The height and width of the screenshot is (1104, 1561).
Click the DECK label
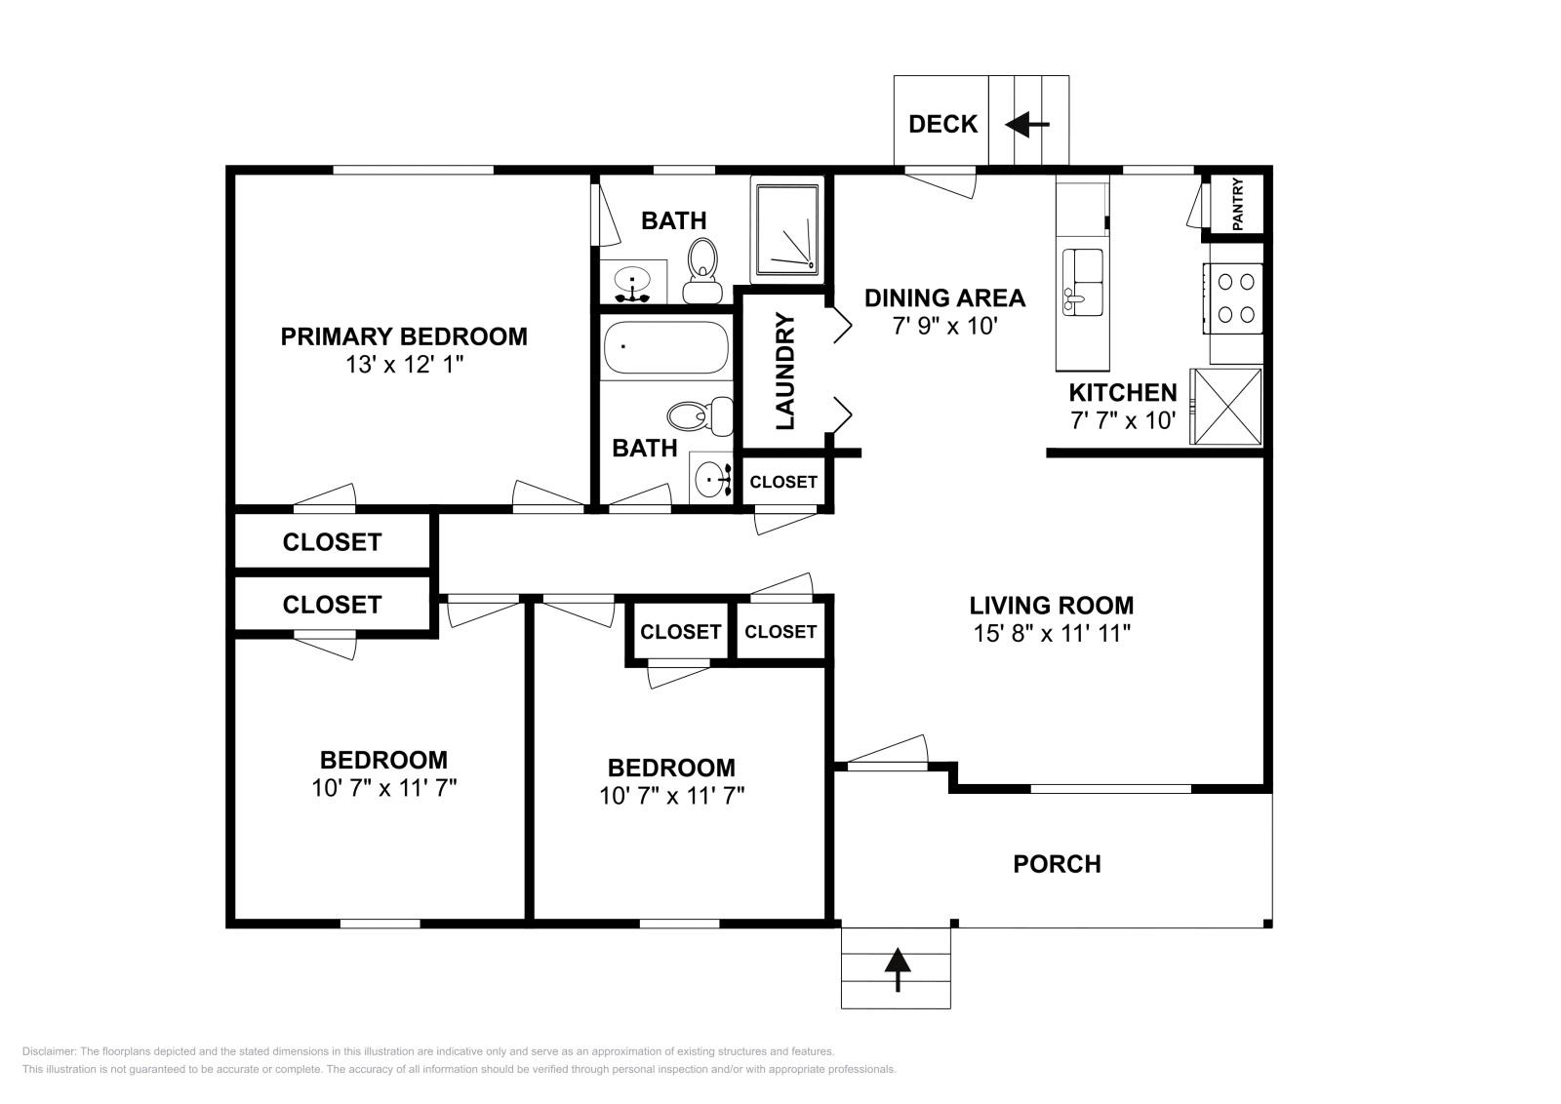942,124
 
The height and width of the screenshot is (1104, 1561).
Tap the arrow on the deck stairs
1026,125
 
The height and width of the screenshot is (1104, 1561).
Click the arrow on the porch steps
897,969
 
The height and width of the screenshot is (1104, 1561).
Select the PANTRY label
1237,204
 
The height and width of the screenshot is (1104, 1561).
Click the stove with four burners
1236,298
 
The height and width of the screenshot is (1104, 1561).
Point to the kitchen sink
1082,282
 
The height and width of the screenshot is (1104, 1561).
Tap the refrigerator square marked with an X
1225,406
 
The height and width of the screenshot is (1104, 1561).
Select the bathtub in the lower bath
665,349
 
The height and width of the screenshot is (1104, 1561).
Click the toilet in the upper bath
700,270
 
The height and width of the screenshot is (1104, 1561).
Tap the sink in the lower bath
711,478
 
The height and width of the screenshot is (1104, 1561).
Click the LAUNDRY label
786,372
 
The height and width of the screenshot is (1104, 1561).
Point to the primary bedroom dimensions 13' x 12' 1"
404,365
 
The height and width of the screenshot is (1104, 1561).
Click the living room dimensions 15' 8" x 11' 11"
1051,633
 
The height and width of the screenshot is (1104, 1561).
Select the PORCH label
1057,864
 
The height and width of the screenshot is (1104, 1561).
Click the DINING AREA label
944,297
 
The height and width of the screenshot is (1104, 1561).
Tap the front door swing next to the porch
886,754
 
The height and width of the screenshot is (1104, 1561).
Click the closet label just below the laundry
783,482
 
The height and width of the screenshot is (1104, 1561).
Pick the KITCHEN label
1122,393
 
